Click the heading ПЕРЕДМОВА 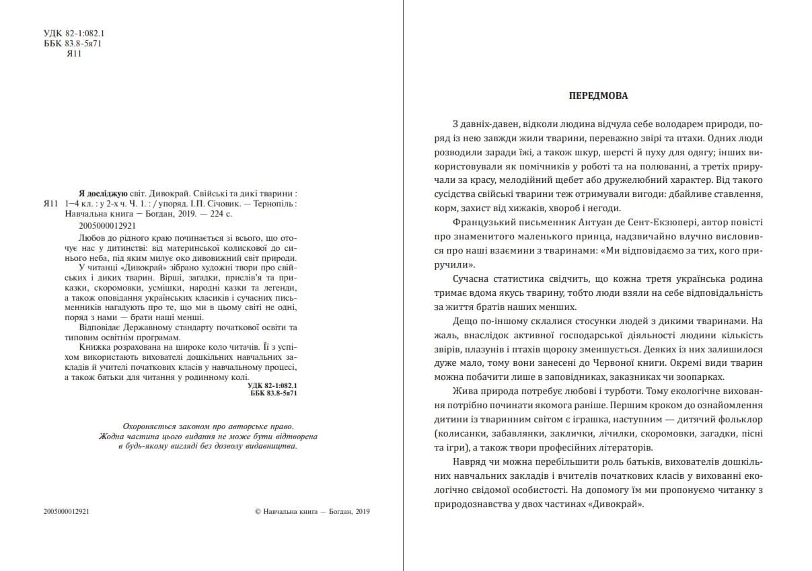click(598, 96)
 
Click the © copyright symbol click(259, 511)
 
